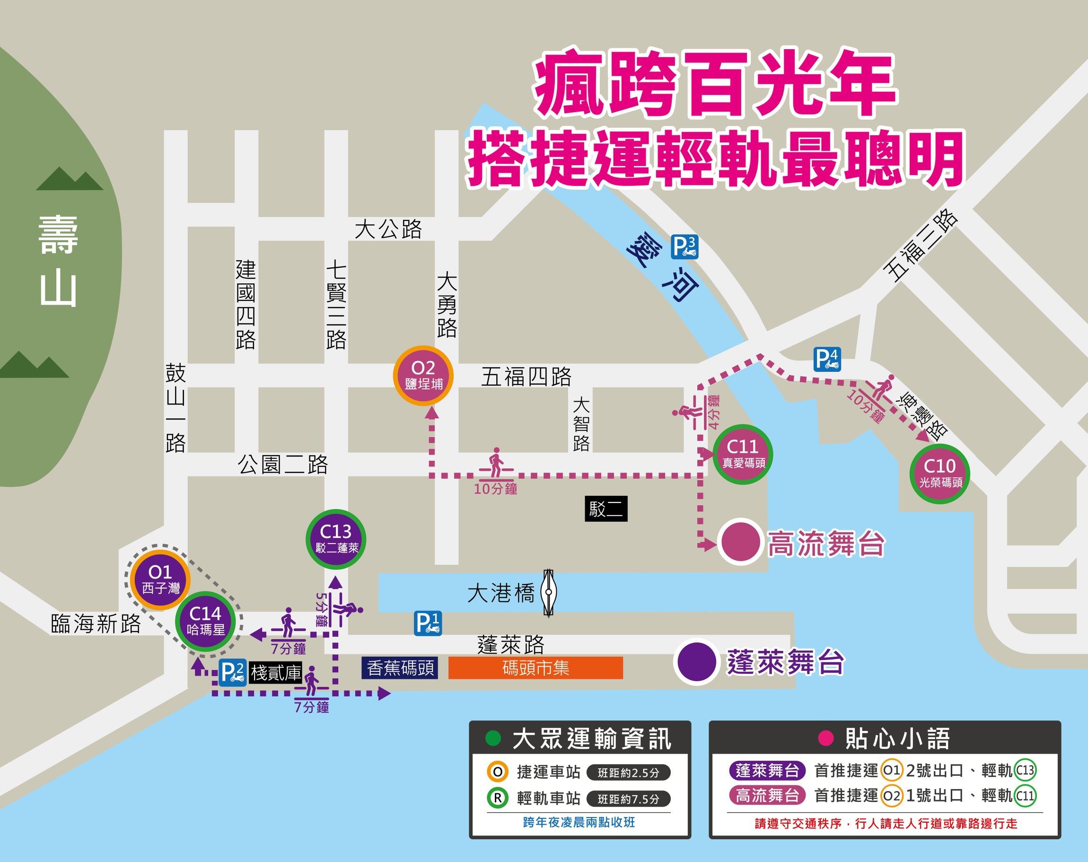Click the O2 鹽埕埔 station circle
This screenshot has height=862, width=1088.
click(x=423, y=376)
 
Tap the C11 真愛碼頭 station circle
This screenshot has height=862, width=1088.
click(x=743, y=454)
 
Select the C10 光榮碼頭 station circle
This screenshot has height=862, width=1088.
click(x=939, y=473)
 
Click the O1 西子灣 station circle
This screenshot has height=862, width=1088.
click(x=159, y=579)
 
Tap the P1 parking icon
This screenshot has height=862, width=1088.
click(x=428, y=623)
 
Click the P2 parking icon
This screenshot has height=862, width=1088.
click(x=233, y=672)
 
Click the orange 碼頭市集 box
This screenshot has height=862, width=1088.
click(x=535, y=668)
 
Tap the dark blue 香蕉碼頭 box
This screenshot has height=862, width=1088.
click(x=400, y=668)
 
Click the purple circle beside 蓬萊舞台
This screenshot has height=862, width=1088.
click(x=697, y=662)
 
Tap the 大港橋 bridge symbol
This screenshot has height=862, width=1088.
click(x=549, y=592)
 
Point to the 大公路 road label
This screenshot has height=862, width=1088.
click(x=387, y=229)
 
